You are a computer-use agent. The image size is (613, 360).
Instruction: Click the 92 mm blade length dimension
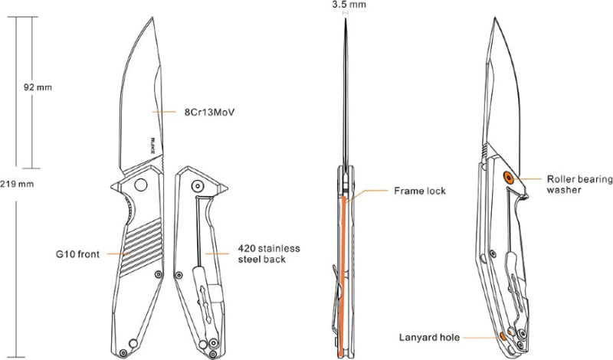[x=38, y=87]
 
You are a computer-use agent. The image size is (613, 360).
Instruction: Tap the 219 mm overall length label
[x=17, y=184]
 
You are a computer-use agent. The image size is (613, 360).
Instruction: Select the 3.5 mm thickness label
[x=349, y=5]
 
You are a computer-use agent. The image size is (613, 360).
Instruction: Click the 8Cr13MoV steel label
[x=209, y=113]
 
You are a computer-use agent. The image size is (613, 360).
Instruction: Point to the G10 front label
[x=78, y=254]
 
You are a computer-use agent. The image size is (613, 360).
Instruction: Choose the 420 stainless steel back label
[x=269, y=254]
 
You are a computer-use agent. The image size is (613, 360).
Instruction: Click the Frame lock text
[x=420, y=191]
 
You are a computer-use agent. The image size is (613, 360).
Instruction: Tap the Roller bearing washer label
[x=580, y=185]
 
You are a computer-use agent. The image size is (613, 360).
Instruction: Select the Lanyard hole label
[x=429, y=337]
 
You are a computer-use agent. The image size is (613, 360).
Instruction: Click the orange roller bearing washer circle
[x=509, y=178]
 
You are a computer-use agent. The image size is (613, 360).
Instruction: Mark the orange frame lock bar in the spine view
[x=343, y=277]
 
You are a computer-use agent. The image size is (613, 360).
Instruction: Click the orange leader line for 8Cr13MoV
[x=164, y=112]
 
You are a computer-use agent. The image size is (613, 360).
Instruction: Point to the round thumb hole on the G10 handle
[x=140, y=185]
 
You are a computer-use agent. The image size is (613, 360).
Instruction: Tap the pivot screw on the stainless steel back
[x=198, y=185]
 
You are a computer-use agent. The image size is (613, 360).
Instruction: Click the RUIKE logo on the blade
[x=152, y=146]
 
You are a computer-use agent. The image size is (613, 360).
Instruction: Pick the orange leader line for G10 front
[x=118, y=254]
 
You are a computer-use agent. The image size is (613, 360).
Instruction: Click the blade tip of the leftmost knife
[x=152, y=17]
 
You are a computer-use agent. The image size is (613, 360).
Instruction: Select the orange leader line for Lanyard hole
[x=481, y=337]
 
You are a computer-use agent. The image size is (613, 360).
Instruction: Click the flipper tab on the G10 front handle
[x=115, y=186]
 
